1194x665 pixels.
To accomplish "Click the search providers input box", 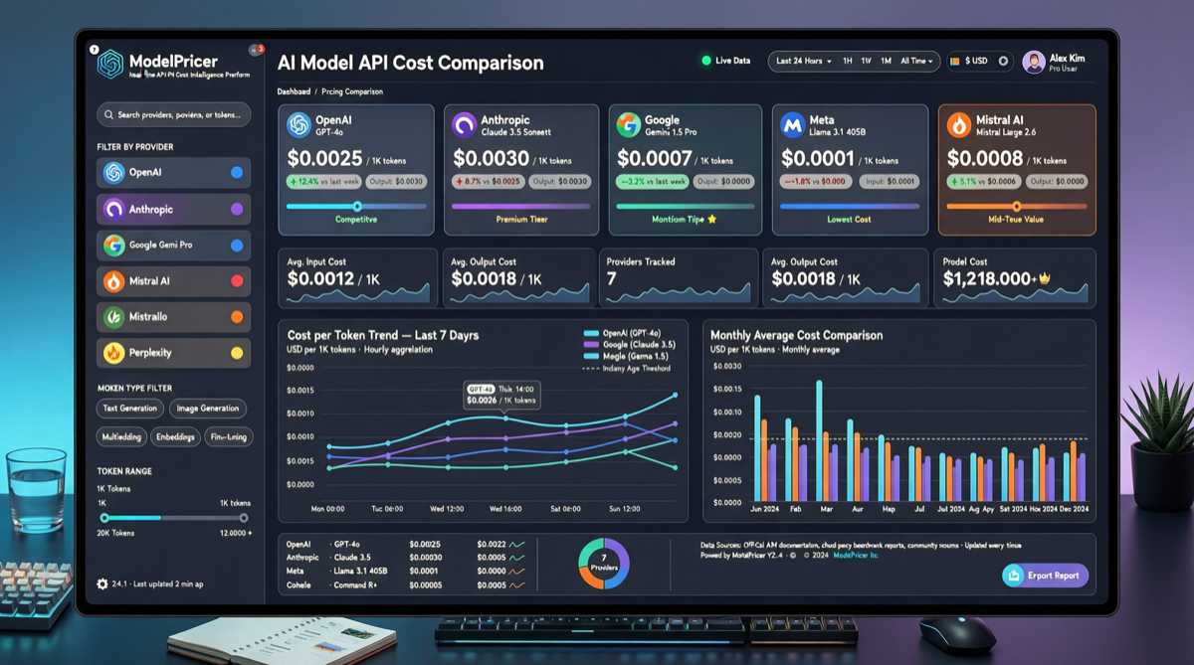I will pyautogui.click(x=174, y=115).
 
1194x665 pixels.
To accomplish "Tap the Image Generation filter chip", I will pyautogui.click(x=207, y=409).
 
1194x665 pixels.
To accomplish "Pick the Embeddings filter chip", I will pyautogui.click(x=175, y=437).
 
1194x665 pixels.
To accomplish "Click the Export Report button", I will pyautogui.click(x=1045, y=576).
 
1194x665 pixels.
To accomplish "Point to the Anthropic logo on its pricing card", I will pyautogui.click(x=464, y=125).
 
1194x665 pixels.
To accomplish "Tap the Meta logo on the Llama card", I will pyautogui.click(x=792, y=125).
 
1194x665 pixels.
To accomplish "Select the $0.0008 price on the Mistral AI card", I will pyautogui.click(x=984, y=158).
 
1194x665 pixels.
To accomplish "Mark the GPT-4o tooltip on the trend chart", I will pyautogui.click(x=501, y=395).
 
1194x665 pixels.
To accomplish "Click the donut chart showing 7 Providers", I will pyautogui.click(x=604, y=563).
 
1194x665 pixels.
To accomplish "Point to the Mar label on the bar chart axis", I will pyautogui.click(x=825, y=508).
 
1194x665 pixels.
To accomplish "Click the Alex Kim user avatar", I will pyautogui.click(x=1034, y=62).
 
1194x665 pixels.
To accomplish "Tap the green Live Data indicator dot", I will pyautogui.click(x=706, y=61).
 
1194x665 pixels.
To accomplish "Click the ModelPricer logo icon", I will pyautogui.click(x=110, y=64).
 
